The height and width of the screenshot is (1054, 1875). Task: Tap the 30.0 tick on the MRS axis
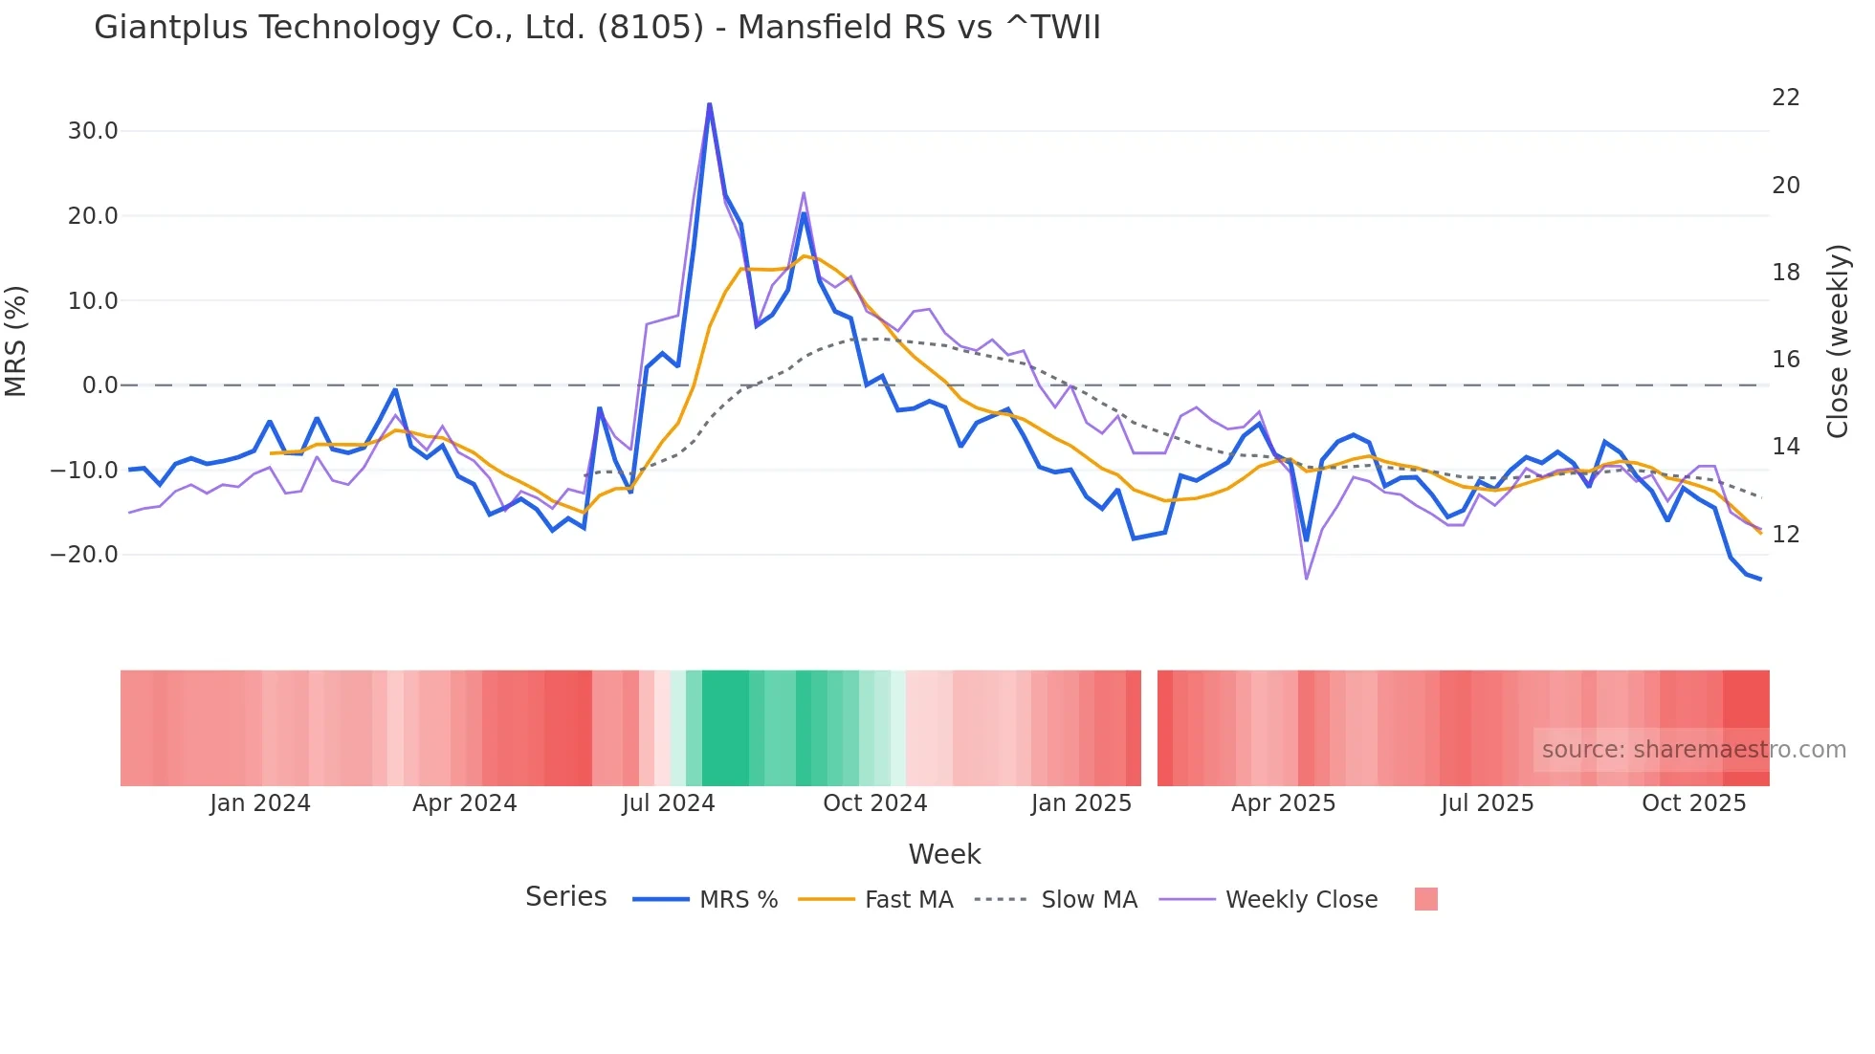pos(93,131)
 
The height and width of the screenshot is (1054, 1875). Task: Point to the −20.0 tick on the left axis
pos(84,555)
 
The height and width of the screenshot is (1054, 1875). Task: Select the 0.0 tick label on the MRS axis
pos(99,385)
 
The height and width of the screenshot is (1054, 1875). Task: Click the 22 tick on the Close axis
pos(1785,98)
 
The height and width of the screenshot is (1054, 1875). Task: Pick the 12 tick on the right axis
pos(1785,535)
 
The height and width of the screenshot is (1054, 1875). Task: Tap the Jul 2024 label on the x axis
pos(668,803)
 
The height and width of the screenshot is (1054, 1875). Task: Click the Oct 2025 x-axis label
pos(1693,803)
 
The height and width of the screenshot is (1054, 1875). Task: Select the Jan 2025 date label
pos(1081,803)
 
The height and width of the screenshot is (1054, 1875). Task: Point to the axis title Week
pos(944,854)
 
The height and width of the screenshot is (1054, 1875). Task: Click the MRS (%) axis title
pos(16,341)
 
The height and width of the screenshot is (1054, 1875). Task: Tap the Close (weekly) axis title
pos(1837,341)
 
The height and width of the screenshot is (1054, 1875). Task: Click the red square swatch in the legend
pos(1425,899)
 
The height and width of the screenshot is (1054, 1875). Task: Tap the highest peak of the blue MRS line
pos(709,104)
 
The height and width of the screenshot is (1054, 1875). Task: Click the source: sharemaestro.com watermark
pos(1693,750)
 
